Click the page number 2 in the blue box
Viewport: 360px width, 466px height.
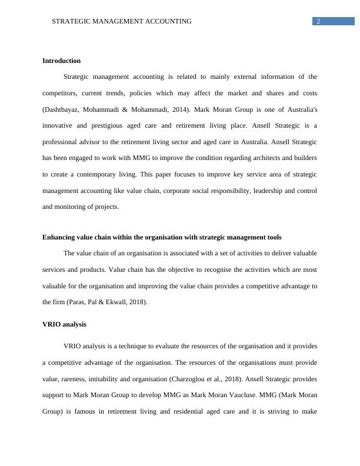click(x=318, y=21)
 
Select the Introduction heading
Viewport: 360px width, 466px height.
click(x=62, y=61)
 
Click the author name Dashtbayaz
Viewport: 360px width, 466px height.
click(x=64, y=109)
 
